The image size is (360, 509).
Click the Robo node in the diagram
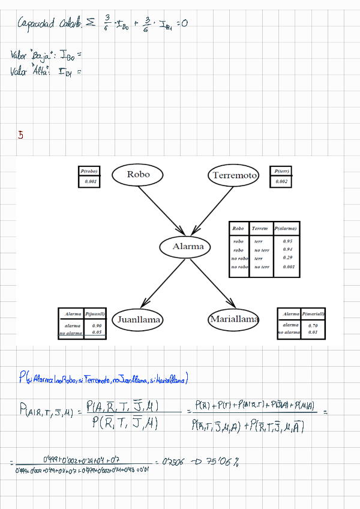point(139,175)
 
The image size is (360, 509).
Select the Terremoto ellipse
point(234,175)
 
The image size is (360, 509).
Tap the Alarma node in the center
point(188,246)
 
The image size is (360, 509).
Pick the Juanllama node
point(138,320)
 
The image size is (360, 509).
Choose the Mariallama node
point(234,319)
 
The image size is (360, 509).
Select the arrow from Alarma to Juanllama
point(162,283)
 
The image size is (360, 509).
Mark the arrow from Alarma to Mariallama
point(211,283)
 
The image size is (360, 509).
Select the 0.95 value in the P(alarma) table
point(287,241)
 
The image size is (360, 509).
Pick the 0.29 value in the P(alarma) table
point(287,258)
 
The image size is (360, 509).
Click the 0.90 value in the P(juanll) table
point(97,325)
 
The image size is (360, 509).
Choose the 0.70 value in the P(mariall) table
point(313,325)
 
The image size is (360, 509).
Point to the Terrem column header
point(260,229)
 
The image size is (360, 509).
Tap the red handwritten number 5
point(21,136)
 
